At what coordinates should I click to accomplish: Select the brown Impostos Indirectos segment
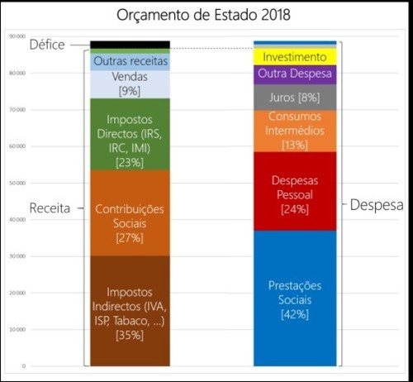pos(130,310)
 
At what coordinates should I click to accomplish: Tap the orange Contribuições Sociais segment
pos(130,213)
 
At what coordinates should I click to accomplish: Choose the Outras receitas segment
pos(130,62)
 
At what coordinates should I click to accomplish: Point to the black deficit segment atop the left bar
pos(130,44)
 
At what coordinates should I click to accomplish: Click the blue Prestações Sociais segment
pos(295,298)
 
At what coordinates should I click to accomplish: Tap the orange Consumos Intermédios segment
pos(295,131)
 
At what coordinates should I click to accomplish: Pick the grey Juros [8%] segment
pos(295,98)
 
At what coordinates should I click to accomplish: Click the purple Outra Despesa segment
pos(295,74)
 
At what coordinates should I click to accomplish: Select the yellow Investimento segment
pos(295,57)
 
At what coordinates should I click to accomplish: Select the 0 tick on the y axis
pos(24,365)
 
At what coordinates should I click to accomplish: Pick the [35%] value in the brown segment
pos(130,335)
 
